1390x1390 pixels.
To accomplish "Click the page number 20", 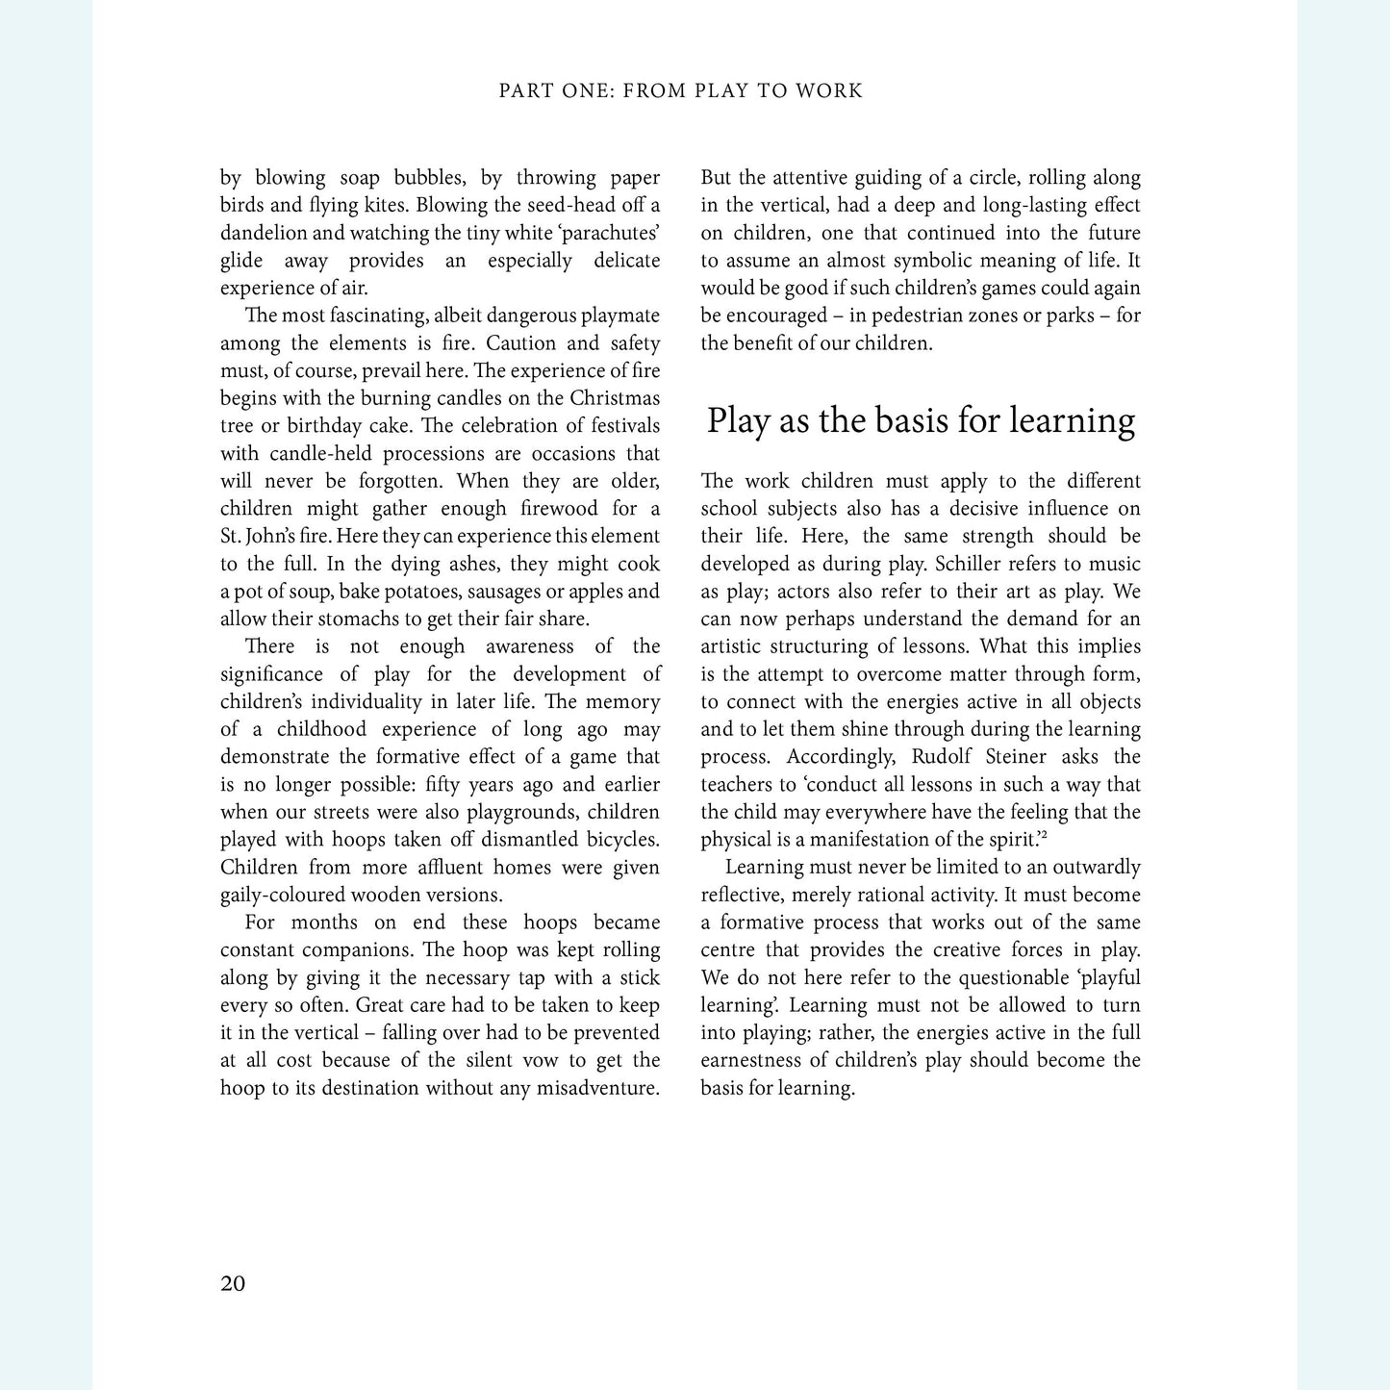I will click(233, 1284).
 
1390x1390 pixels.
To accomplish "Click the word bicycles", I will click(619, 840).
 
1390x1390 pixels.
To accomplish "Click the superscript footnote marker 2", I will click(1044, 836).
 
